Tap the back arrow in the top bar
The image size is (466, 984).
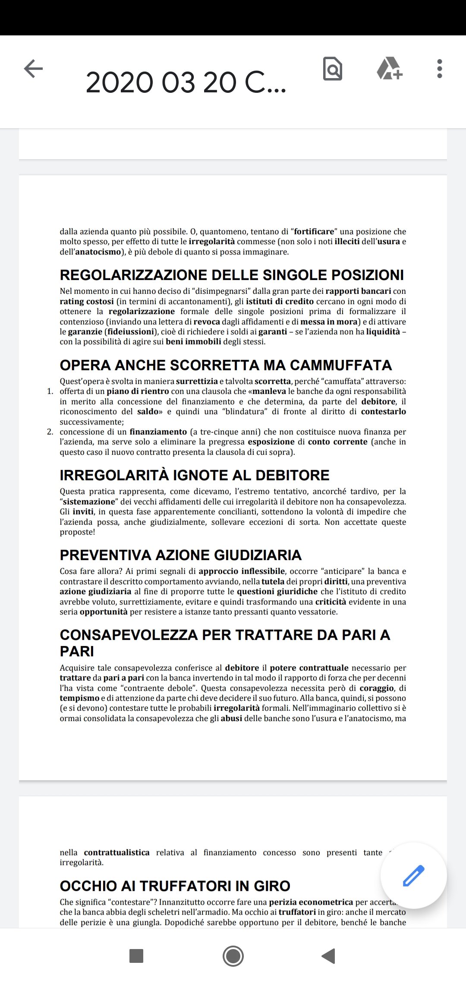pos(33,68)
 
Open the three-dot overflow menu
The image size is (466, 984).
pos(439,69)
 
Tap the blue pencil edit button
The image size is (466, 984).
pos(413,876)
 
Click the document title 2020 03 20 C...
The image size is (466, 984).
pos(186,82)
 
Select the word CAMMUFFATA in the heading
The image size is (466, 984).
pos(341,365)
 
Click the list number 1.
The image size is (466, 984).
pos(50,391)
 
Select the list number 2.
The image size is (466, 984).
pos(50,432)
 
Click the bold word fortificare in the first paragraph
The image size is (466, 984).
pos(314,232)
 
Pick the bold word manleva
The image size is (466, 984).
pos(269,391)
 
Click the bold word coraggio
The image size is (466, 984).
pos(377,688)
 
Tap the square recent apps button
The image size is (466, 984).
pos(136,956)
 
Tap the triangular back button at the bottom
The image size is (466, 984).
pos(329,956)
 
